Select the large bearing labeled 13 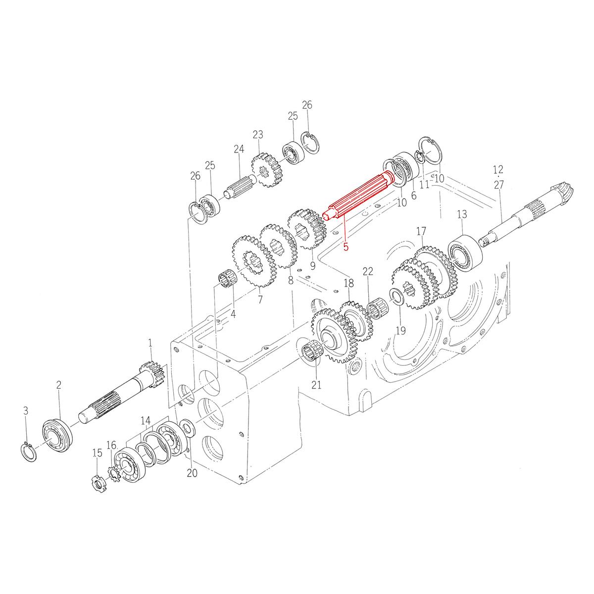465,253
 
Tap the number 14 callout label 145,421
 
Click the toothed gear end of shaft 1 148,373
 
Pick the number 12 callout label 497,170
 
